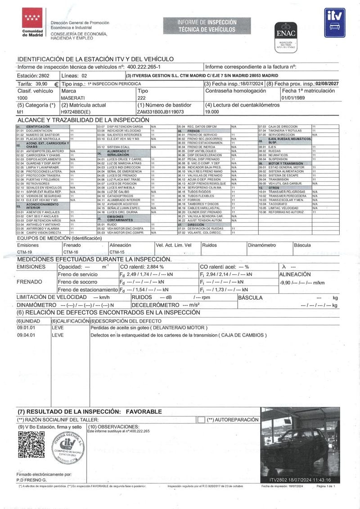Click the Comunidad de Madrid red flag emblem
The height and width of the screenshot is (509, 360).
pyautogui.click(x=32, y=18)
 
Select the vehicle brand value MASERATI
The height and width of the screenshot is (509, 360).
pyautogui.click(x=72, y=97)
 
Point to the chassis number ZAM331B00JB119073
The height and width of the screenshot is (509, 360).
pyautogui.click(x=161, y=111)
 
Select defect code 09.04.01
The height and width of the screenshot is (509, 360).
pyautogui.click(x=26, y=335)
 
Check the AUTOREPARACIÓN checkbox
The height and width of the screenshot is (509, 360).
pyautogui.click(x=201, y=419)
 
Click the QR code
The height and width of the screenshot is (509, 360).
pyautogui.click(x=31, y=444)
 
